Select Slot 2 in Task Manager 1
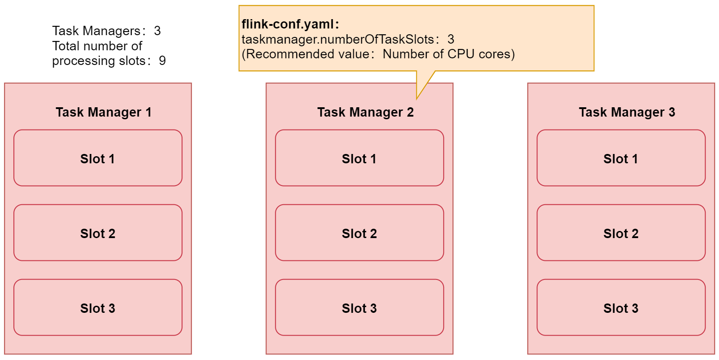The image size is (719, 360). (x=97, y=233)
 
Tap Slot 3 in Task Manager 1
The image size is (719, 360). (x=97, y=307)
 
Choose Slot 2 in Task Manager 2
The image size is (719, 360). (x=359, y=233)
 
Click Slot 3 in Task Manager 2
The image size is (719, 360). (x=359, y=307)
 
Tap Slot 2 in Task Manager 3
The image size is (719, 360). (x=621, y=233)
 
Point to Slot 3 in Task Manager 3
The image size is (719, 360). (x=621, y=307)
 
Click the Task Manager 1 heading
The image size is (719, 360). (x=103, y=112)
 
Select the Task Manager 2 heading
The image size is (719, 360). (x=365, y=112)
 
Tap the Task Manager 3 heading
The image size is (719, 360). (x=626, y=112)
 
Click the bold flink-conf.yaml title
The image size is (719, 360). (x=290, y=24)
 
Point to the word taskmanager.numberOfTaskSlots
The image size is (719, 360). (x=337, y=39)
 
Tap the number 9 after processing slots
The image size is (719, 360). (x=162, y=61)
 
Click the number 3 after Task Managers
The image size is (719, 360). (x=157, y=31)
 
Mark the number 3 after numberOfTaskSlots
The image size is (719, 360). (x=451, y=39)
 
